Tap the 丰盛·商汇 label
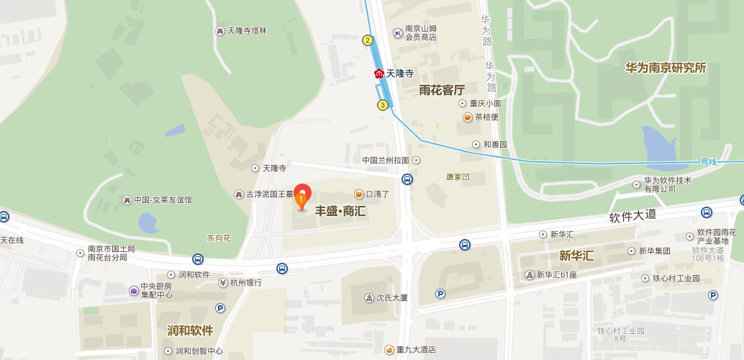point(340,212)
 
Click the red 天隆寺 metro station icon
point(379,73)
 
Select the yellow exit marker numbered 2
point(368,40)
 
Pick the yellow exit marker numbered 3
point(383,105)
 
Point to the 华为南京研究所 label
point(666,68)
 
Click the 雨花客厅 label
point(442,90)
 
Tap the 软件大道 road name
point(632,215)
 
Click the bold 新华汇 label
point(576,255)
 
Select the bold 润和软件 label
point(190,330)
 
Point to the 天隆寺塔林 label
point(247,31)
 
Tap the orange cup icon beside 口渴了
point(358,194)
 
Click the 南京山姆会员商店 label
point(421,33)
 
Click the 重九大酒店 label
point(417,350)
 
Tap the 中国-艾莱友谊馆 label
point(163,200)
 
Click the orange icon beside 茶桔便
point(468,117)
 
